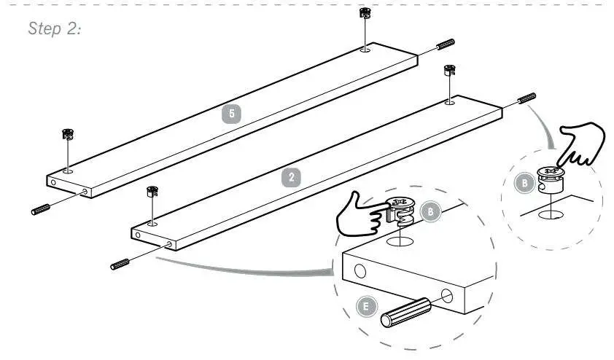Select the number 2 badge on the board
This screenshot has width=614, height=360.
tap(292, 176)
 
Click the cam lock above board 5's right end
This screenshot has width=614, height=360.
tap(365, 15)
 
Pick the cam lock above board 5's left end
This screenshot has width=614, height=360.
tap(68, 134)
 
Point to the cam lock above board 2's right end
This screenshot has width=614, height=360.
tap(449, 71)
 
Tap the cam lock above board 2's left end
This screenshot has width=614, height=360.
tap(152, 192)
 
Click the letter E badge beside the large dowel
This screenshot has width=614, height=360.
tap(366, 306)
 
